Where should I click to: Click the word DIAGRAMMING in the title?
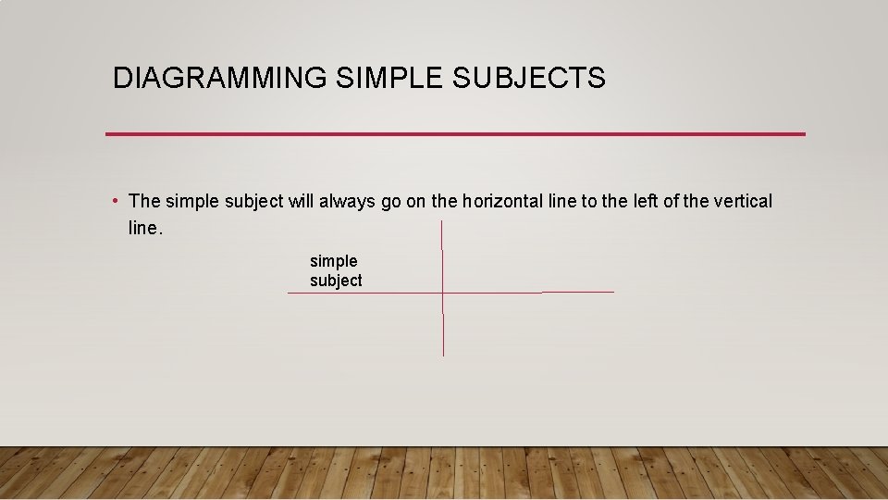point(219,79)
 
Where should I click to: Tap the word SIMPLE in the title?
point(390,79)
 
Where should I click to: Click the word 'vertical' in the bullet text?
point(743,201)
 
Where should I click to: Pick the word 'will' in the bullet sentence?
point(302,201)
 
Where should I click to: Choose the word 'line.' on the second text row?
point(145,229)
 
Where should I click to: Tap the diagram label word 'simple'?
point(333,262)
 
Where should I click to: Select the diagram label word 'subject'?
point(336,281)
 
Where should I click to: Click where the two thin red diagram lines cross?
point(443,293)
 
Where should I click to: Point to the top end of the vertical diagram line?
point(442,222)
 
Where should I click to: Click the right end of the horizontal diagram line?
point(612,292)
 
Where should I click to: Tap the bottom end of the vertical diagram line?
point(443,355)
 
